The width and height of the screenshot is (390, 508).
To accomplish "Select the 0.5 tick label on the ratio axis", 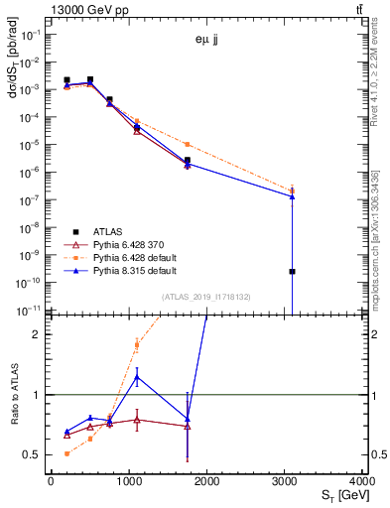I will tap(35, 455).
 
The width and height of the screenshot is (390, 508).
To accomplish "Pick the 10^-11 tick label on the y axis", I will tap(30, 311).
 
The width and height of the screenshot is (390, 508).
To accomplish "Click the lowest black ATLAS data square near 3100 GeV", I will tap(293, 271).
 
